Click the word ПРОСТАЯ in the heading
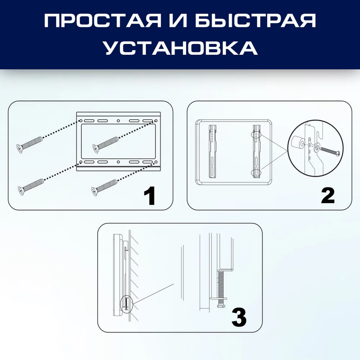click(x=102, y=21)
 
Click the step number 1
click(x=150, y=196)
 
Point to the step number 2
click(x=328, y=196)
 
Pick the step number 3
click(x=239, y=317)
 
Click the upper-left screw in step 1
click(x=30, y=144)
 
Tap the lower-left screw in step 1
click(x=31, y=187)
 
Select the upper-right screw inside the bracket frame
click(x=106, y=144)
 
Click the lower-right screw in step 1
click(x=104, y=188)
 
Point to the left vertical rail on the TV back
click(x=212, y=151)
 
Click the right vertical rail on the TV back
click(x=257, y=151)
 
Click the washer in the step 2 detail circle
click(x=317, y=147)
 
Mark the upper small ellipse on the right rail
click(x=256, y=134)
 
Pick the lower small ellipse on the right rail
click(x=256, y=173)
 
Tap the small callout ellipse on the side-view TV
click(x=126, y=304)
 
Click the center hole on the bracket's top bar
click(x=118, y=121)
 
